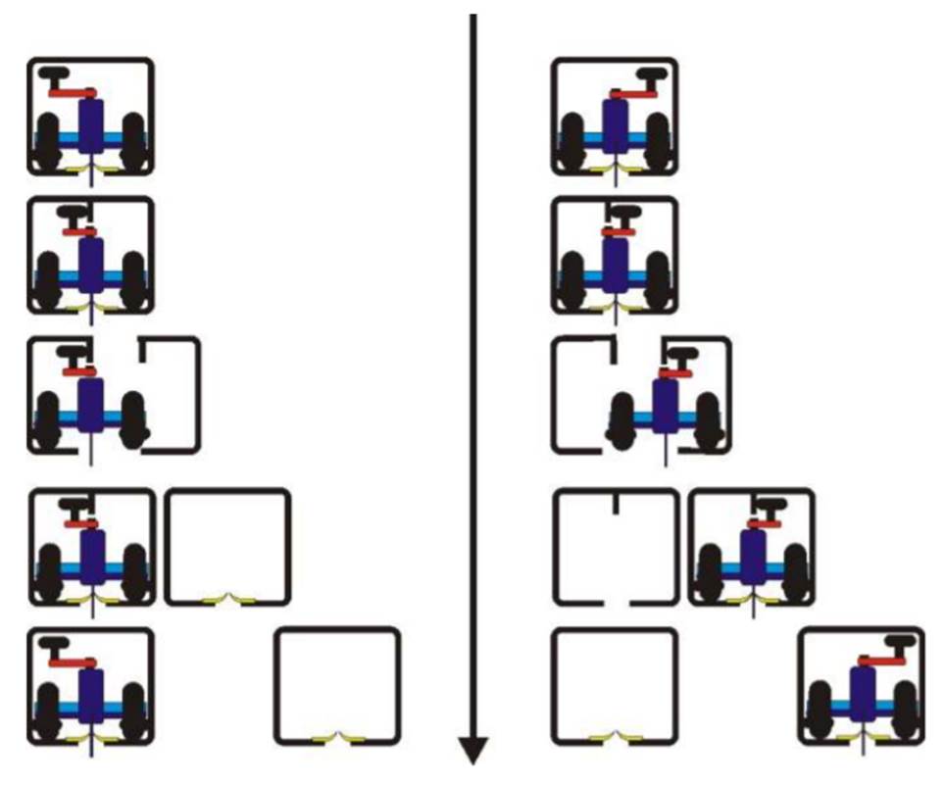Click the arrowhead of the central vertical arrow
point(473,751)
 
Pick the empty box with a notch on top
point(616,548)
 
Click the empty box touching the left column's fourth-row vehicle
point(227,548)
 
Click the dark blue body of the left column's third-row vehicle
point(91,404)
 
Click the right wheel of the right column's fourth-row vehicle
point(795,568)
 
